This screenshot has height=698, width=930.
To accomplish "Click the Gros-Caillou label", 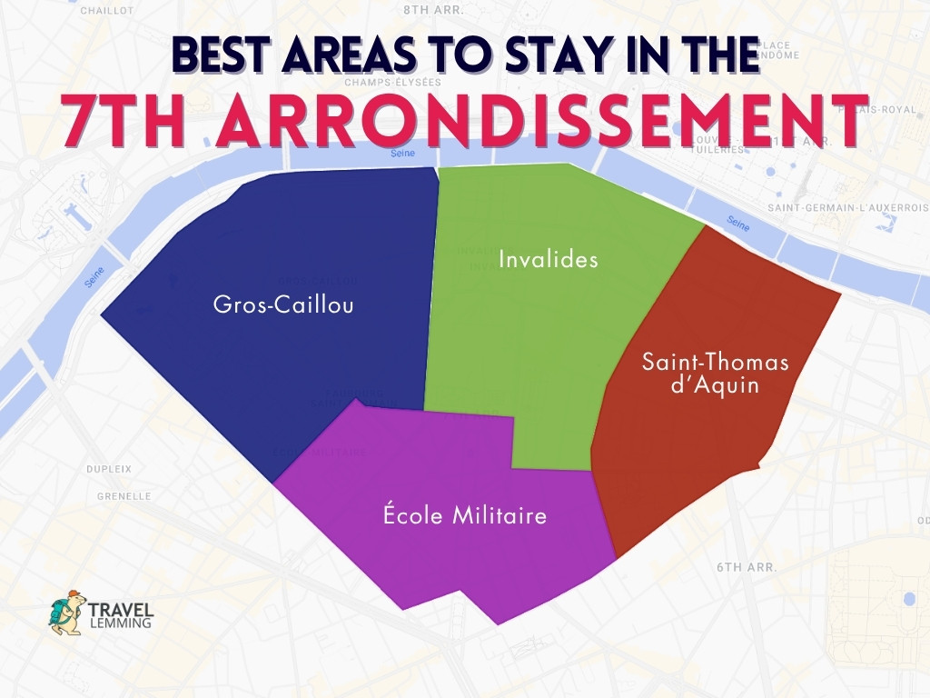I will point(283,304).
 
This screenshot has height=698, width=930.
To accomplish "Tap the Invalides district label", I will point(549,260).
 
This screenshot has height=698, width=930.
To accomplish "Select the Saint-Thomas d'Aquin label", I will point(716,374).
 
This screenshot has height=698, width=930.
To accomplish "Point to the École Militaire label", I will point(465,516).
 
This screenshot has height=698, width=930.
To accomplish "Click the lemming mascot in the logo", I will point(66,612).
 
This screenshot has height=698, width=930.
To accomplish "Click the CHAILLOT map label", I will point(107,11).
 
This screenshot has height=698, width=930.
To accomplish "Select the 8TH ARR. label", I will point(433,10).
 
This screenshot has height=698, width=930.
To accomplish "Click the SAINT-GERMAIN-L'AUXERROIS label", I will point(847,208).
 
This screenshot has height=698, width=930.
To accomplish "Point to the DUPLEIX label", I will point(109,469).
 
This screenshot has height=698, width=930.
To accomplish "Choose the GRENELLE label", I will point(124,496).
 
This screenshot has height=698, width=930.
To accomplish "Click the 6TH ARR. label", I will point(746,566).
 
